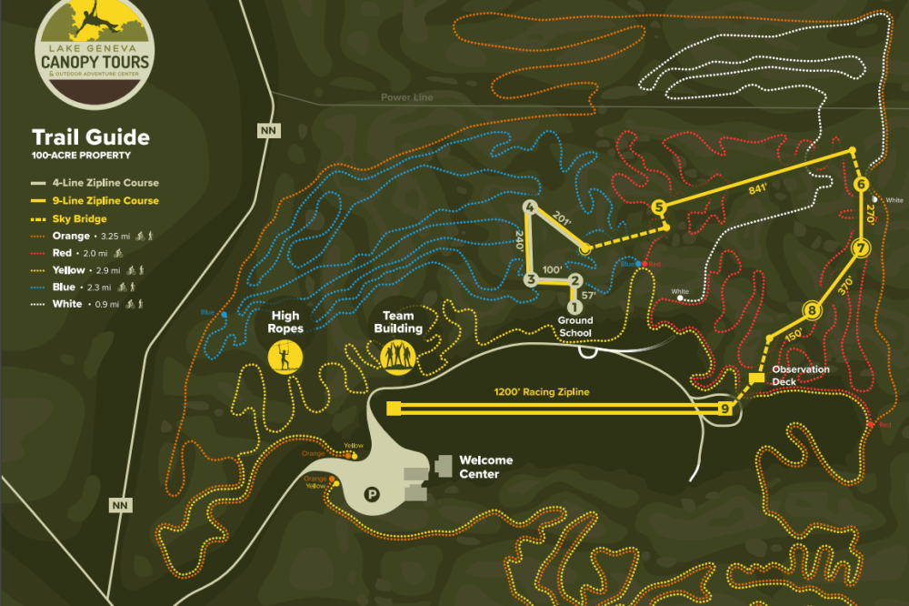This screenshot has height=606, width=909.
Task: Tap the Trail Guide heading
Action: pyautogui.click(x=91, y=137)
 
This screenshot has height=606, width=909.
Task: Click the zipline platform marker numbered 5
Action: pyautogui.click(x=659, y=207)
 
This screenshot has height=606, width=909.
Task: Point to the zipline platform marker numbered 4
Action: pyautogui.click(x=529, y=207)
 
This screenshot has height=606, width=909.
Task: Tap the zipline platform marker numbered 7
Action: pyautogui.click(x=862, y=248)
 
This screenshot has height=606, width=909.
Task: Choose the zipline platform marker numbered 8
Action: pyautogui.click(x=812, y=311)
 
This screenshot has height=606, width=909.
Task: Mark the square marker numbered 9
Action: pyautogui.click(x=725, y=409)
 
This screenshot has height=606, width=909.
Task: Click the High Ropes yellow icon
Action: pyautogui.click(x=285, y=356)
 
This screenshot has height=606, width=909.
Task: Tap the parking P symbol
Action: pyautogui.click(x=372, y=494)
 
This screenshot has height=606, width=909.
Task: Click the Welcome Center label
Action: pyautogui.click(x=485, y=467)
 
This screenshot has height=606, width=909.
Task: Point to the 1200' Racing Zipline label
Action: pyautogui.click(x=542, y=392)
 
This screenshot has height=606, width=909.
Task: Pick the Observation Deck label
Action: pyautogui.click(x=800, y=375)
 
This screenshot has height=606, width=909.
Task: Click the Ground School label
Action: pyautogui.click(x=574, y=327)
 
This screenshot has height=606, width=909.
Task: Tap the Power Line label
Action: pyautogui.click(x=407, y=97)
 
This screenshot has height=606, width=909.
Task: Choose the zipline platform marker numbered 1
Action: pyautogui.click(x=574, y=307)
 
